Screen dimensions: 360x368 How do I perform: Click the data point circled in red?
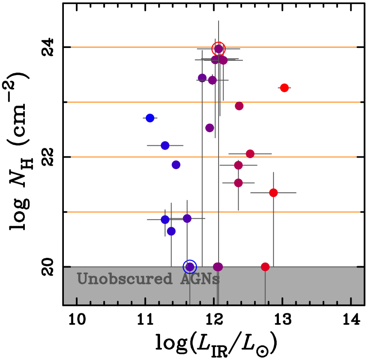point(219,49)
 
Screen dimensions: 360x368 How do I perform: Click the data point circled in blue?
point(190,267)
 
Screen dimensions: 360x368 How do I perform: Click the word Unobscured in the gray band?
point(125,279)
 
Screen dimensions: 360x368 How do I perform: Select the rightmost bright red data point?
point(284,88)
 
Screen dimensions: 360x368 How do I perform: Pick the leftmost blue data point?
point(150,118)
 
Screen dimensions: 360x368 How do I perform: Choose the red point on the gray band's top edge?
point(265,267)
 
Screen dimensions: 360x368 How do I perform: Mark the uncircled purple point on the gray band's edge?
point(218,267)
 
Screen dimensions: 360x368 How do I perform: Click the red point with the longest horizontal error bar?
point(273,193)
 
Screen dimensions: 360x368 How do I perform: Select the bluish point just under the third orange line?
point(176,165)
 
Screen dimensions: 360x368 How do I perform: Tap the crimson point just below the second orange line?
point(239,106)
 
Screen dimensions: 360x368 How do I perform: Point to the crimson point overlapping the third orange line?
point(250,154)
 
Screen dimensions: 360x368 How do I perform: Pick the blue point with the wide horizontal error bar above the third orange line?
point(165,146)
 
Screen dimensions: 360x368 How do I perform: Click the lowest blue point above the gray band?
point(171,231)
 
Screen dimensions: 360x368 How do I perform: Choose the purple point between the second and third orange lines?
point(210,128)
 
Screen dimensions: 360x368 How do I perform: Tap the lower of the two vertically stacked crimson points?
point(238,183)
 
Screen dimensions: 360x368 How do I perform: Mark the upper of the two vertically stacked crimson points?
point(238,165)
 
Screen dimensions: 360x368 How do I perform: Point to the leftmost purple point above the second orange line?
point(202,78)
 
